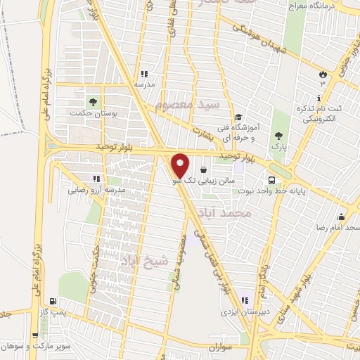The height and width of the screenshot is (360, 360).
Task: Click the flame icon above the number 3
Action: [x=323, y=74]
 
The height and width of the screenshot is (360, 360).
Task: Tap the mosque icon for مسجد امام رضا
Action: [x=342, y=216]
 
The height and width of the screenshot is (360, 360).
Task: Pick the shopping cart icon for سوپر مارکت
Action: [x=34, y=335]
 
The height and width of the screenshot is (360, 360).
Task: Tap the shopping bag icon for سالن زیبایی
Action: [x=203, y=170]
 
